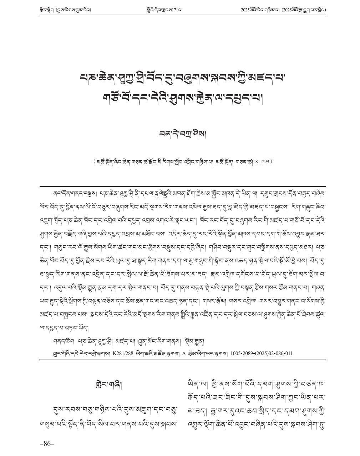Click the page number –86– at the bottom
tap(47, 444)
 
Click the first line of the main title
tap(183, 77)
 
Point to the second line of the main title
tap(183, 97)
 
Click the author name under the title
tap(183, 134)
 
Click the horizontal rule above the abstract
tap(183, 186)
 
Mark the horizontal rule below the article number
tap(183, 360)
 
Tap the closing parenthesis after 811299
tap(272, 161)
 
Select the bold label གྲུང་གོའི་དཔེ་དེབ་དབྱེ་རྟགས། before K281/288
tap(81, 353)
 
